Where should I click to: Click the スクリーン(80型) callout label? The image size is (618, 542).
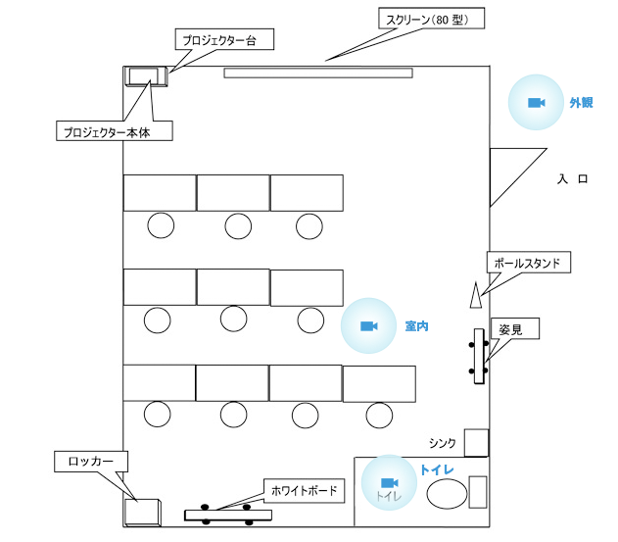click(x=431, y=19)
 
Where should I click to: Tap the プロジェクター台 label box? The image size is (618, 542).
click(x=224, y=39)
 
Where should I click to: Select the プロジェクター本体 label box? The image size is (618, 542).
click(x=115, y=130)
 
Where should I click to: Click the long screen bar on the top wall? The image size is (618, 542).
click(x=318, y=73)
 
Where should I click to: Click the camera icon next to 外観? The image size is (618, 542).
click(x=536, y=103)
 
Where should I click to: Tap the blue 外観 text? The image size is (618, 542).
click(x=581, y=103)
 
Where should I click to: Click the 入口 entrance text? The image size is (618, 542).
click(x=572, y=179)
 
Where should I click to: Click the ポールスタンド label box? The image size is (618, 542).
click(x=529, y=262)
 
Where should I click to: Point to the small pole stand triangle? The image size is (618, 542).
click(x=476, y=295)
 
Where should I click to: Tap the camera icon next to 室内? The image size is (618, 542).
click(x=369, y=325)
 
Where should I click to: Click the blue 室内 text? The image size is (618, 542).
click(x=416, y=326)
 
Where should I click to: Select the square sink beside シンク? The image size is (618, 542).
click(x=477, y=443)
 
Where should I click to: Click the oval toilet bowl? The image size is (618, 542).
click(x=447, y=493)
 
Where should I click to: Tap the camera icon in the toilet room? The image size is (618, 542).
click(x=390, y=483)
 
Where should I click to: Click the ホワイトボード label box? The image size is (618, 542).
click(x=304, y=491)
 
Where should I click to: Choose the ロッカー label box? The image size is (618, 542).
click(x=91, y=461)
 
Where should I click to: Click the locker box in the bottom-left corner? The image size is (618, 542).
click(x=143, y=513)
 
